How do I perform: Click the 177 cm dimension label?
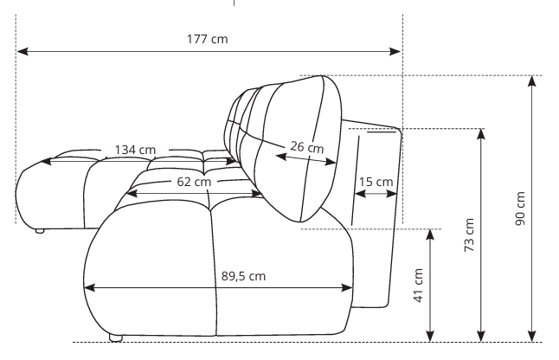coord(207,39)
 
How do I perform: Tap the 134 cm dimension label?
coord(135,150)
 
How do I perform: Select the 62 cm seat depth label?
coord(194,182)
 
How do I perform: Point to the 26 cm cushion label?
coord(307,147)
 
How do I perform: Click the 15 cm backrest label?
coord(376,182)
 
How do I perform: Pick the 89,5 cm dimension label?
coord(243,276)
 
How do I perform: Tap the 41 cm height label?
coord(419,286)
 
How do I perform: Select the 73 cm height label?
coord(469,235)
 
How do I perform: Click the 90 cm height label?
coord(520,209)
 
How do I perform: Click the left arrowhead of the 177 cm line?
coord(22,52)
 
